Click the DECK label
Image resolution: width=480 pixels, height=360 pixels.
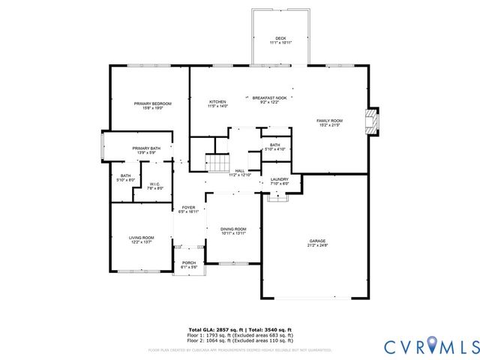click(x=280, y=38)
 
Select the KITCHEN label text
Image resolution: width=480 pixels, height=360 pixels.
click(x=217, y=102)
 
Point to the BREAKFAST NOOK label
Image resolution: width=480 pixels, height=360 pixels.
click(x=269, y=97)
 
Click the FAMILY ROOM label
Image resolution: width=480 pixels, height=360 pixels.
click(x=328, y=121)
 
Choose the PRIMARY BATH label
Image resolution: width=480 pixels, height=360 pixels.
click(x=146, y=148)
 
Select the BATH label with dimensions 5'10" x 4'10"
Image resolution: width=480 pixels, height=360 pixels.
click(x=274, y=145)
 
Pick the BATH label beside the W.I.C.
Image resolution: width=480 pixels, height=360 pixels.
click(x=125, y=175)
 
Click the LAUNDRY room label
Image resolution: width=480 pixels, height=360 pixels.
click(x=280, y=179)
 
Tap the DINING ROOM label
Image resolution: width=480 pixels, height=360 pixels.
click(x=233, y=229)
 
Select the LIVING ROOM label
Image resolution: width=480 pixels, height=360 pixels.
click(x=142, y=238)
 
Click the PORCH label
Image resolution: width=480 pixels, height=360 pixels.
click(x=189, y=262)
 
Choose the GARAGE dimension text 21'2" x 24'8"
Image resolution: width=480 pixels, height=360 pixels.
click(x=317, y=245)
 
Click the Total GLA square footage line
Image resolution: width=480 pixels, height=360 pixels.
click(x=239, y=329)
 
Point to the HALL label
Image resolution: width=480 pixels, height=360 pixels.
click(x=240, y=170)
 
